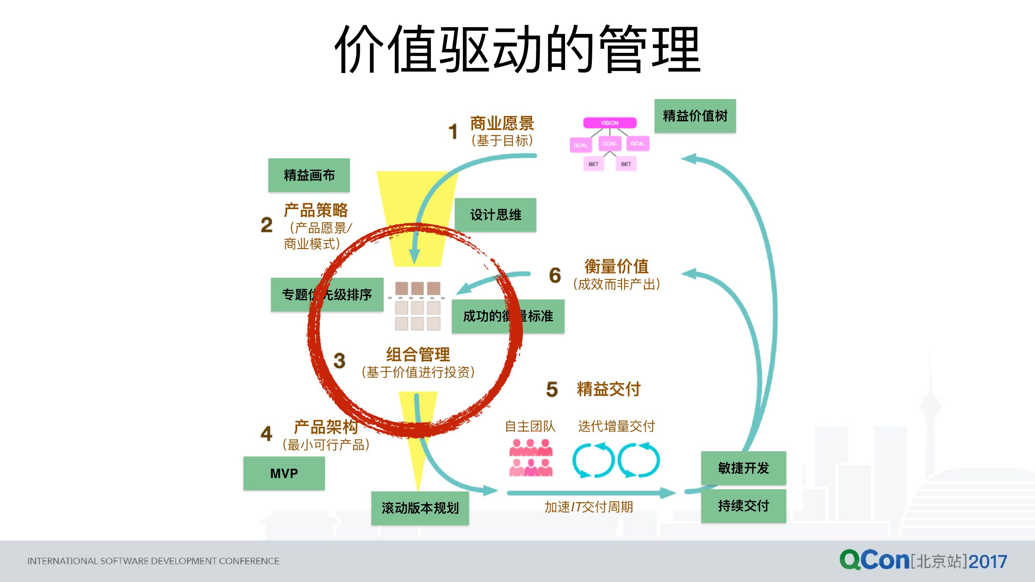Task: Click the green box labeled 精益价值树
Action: tap(695, 116)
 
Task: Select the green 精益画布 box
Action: tap(309, 175)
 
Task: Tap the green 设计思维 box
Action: tap(495, 215)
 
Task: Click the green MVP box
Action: tap(284, 473)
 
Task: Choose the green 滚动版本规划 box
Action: tap(420, 508)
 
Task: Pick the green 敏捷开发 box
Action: tap(743, 468)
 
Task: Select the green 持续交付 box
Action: tap(743, 506)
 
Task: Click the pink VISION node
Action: tap(610, 123)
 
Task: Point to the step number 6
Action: tap(555, 275)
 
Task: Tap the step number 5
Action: tap(552, 389)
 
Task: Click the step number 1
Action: tap(453, 132)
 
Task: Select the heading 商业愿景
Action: tap(502, 123)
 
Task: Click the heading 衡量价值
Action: tap(616, 266)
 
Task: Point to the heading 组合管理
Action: tap(418, 354)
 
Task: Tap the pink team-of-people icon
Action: tap(531, 458)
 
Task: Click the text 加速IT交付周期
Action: tap(589, 507)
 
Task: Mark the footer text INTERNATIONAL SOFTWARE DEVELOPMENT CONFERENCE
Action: tap(153, 561)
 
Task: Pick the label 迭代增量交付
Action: tap(616, 426)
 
